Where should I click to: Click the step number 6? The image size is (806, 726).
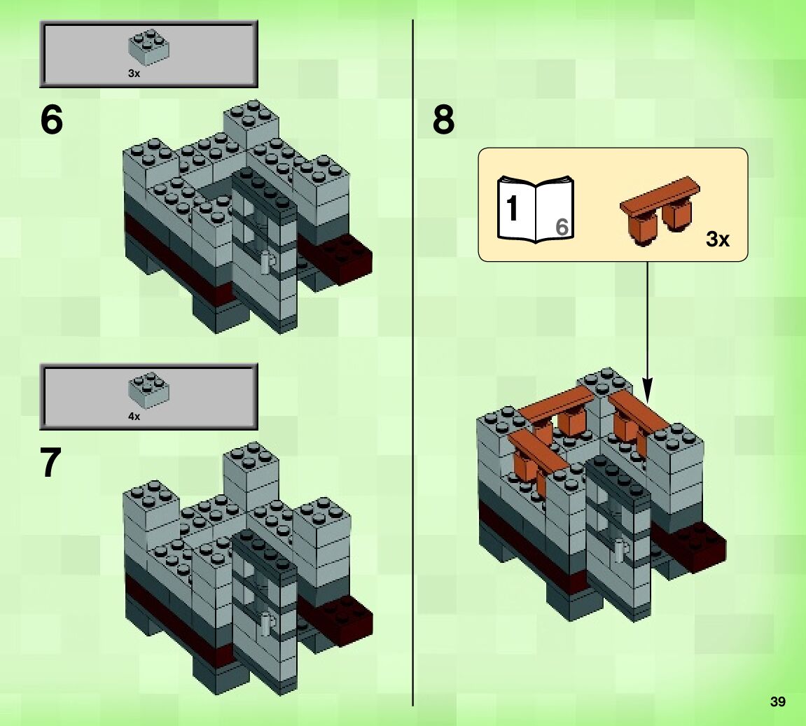pos(51,120)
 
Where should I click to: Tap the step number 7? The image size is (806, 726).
pos(51,463)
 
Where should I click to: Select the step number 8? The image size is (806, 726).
pos(443,120)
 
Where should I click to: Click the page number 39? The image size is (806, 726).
pos(778,701)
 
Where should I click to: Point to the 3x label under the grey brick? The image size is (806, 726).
pos(134,74)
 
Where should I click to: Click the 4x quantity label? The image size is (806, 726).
pos(134,416)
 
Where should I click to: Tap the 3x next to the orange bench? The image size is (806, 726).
pos(718,239)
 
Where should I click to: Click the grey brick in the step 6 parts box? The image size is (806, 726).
pos(149,48)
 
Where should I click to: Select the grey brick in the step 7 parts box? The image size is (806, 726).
pos(149,390)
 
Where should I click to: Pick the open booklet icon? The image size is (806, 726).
pos(536,209)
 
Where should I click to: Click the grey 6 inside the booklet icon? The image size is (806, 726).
pos(562,227)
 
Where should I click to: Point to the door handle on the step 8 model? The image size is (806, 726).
pos(620,550)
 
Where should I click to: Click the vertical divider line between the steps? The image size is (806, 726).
pos(412,363)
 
